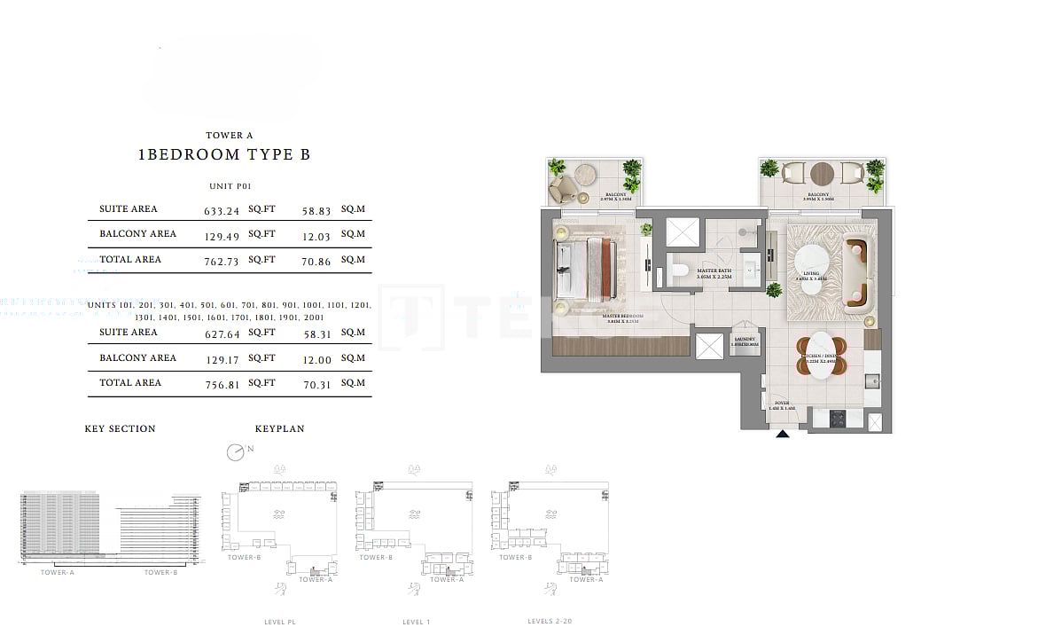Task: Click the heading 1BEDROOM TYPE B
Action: pyautogui.click(x=224, y=154)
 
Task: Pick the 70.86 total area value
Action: pyautogui.click(x=316, y=261)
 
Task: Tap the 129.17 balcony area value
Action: pyautogui.click(x=221, y=359)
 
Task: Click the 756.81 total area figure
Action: pyautogui.click(x=221, y=384)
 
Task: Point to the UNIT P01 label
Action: pyautogui.click(x=230, y=186)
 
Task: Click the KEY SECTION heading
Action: pyautogui.click(x=120, y=429)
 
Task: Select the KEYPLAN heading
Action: pyautogui.click(x=279, y=429)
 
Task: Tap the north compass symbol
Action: pyautogui.click(x=235, y=452)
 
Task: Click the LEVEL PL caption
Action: pyautogui.click(x=279, y=623)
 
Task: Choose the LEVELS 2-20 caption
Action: pyautogui.click(x=550, y=622)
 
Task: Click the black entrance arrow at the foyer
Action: pyautogui.click(x=783, y=434)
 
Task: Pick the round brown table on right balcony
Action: pyautogui.click(x=822, y=173)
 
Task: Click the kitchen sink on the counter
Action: pyautogui.click(x=871, y=382)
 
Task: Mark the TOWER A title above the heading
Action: pyautogui.click(x=230, y=136)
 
